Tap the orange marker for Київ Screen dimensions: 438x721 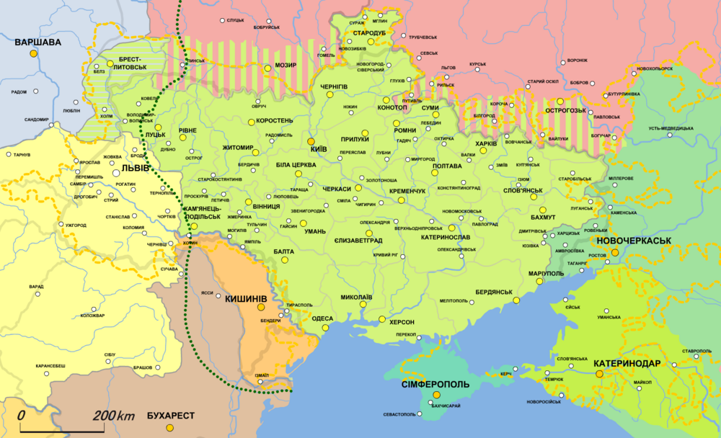tap(311, 142)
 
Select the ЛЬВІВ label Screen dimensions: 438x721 tap(136, 168)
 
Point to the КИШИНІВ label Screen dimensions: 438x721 tap(247, 298)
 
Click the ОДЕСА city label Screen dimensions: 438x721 tap(322, 318)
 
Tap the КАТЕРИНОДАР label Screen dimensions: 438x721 tap(627, 364)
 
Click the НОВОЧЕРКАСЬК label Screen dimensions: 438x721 tap(634, 240)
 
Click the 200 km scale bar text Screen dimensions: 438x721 tap(113, 416)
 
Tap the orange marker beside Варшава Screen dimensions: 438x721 tap(33, 54)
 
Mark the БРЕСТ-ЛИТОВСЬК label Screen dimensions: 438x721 tap(130, 63)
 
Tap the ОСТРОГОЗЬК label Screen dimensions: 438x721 tap(565, 111)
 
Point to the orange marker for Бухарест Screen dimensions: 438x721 tap(169, 428)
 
